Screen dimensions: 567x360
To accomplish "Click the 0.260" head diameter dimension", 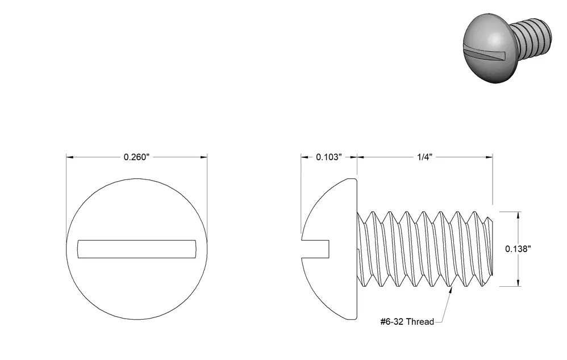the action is tap(137, 157).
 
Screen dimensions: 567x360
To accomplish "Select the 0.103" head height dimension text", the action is tap(329, 157).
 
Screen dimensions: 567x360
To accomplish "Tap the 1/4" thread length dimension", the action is tap(425, 157).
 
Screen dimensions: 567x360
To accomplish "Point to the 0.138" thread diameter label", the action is tap(518, 249).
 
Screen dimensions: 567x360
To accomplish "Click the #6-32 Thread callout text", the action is tap(407, 321).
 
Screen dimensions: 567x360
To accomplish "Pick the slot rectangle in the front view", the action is tap(137, 249).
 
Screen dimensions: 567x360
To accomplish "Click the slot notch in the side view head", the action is tap(316, 249).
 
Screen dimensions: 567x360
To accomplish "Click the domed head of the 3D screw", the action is tap(486, 49).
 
